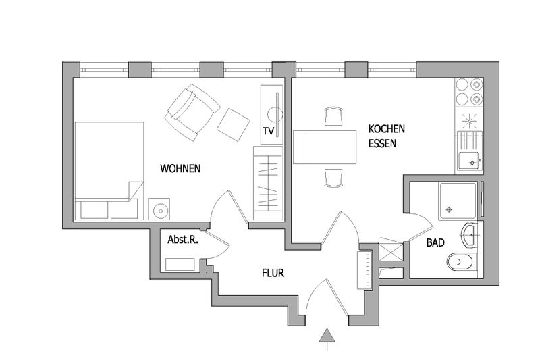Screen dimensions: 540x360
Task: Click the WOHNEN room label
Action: pos(180,168)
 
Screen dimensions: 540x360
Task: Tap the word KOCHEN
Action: pos(386,129)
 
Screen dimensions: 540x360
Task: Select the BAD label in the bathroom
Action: pos(435,242)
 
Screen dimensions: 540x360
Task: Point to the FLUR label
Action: pos(273,273)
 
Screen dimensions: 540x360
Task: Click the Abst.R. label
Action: pos(183,240)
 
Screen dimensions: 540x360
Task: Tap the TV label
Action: pos(268,131)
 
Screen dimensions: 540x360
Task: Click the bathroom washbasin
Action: pos(468,235)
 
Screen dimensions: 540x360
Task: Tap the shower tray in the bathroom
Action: pos(458,201)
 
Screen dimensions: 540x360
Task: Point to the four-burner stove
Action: pos(469,93)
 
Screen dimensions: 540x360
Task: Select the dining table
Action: pos(325,147)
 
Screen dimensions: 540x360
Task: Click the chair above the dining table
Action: pos(333,117)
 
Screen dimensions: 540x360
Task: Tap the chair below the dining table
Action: pos(333,178)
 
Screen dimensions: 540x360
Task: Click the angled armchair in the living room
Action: pos(192,112)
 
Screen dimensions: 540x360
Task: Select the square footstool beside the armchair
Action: pos(233,125)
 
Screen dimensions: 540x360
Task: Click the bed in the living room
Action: pos(109,170)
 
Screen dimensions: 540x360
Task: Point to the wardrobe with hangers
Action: pos(268,183)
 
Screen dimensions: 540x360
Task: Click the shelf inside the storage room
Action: pos(180,265)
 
